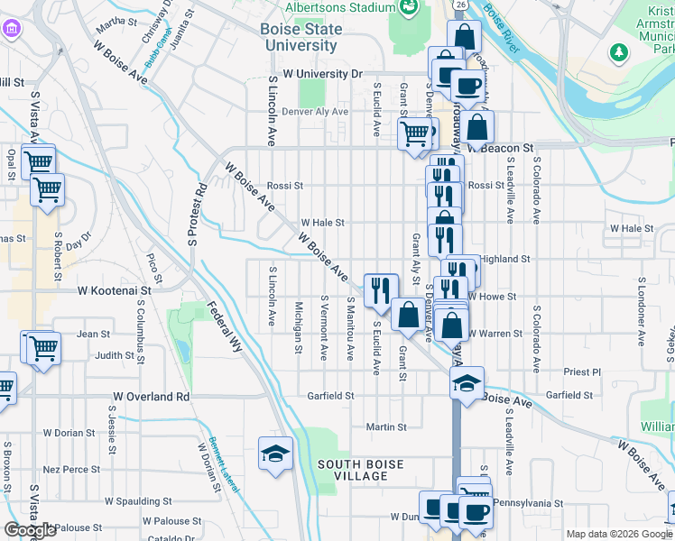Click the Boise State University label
(302, 37)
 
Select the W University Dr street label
(321, 74)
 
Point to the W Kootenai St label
(113, 291)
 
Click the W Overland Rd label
(152, 396)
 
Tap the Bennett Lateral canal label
(225, 465)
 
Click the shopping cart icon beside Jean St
(42, 346)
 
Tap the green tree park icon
(618, 53)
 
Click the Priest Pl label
(582, 371)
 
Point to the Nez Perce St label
(71, 470)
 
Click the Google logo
(30, 530)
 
